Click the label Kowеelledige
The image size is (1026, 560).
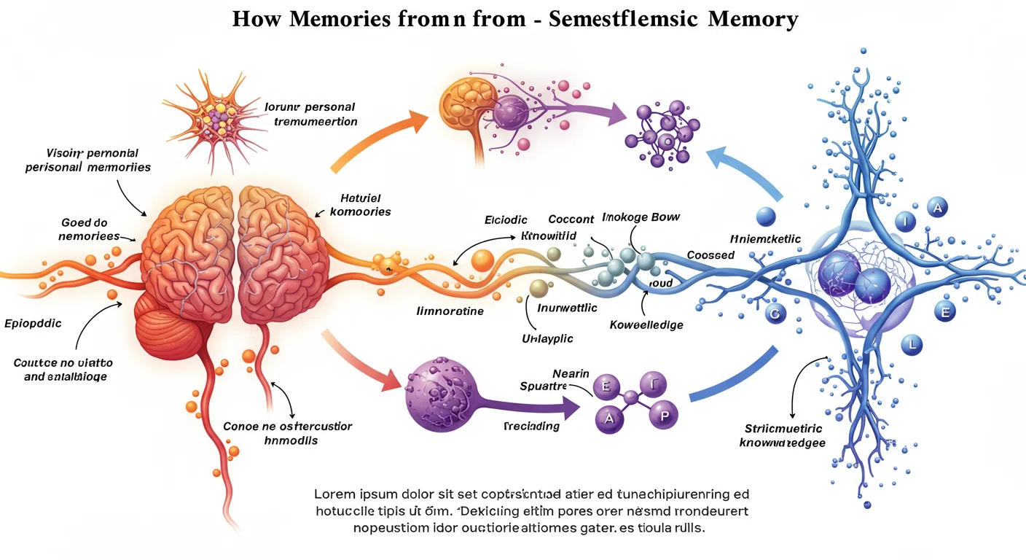(x=646, y=324)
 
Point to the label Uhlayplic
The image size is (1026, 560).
(x=547, y=338)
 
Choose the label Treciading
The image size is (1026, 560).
(x=531, y=426)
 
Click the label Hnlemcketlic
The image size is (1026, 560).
(x=766, y=238)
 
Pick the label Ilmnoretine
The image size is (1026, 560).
(x=450, y=311)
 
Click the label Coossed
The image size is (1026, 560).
(x=710, y=255)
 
